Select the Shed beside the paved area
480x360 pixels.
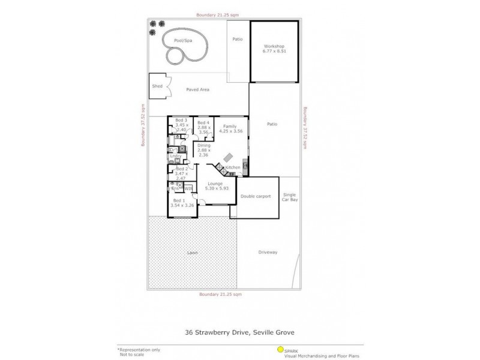click(157, 86)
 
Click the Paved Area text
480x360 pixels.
click(197, 89)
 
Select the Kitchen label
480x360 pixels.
click(233, 167)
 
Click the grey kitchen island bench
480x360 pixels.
click(229, 157)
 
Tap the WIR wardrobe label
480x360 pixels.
click(188, 188)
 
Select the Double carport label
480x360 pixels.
click(254, 196)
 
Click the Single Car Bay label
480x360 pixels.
click(290, 197)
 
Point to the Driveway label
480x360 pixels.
click(268, 252)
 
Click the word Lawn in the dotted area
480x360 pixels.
click(191, 253)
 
